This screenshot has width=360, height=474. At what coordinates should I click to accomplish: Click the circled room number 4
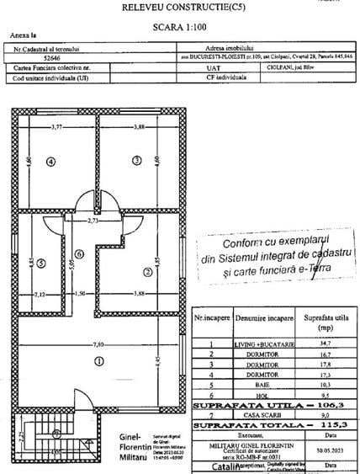[x=51, y=162]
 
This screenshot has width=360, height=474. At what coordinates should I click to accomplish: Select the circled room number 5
[x=41, y=260]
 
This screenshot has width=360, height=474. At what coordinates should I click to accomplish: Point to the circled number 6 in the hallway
[x=78, y=253]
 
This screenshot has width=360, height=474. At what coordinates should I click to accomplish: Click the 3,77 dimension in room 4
[x=58, y=127]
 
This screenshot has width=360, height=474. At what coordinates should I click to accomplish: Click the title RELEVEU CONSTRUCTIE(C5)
[x=179, y=7]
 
